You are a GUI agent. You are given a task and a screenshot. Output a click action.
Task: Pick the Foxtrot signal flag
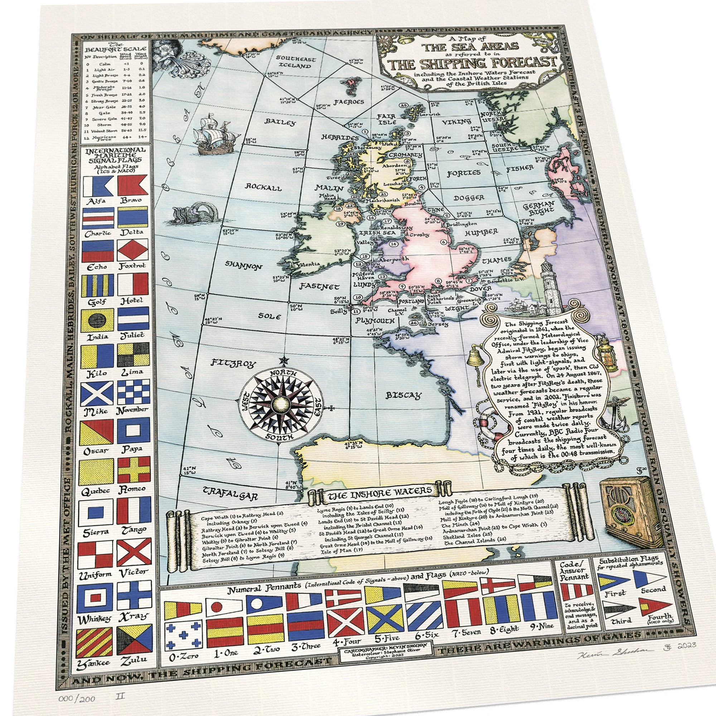click(133, 250)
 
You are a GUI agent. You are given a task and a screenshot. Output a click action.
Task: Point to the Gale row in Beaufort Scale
click(115, 112)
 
